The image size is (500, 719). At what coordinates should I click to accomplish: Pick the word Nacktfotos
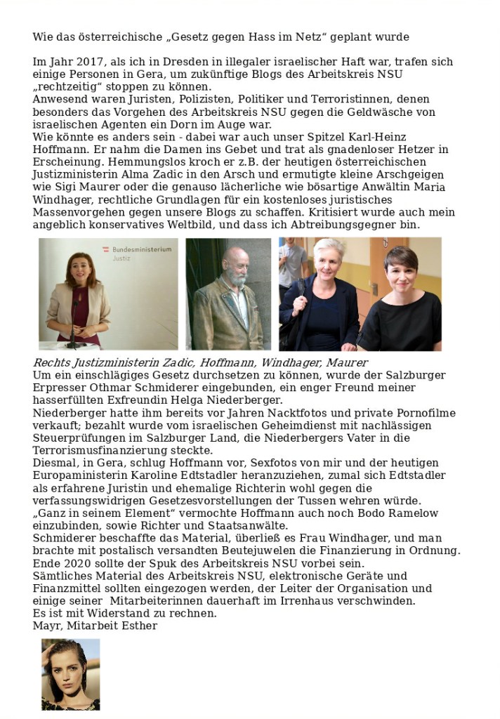[244, 413]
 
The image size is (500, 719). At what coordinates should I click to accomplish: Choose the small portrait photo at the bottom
[70, 674]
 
